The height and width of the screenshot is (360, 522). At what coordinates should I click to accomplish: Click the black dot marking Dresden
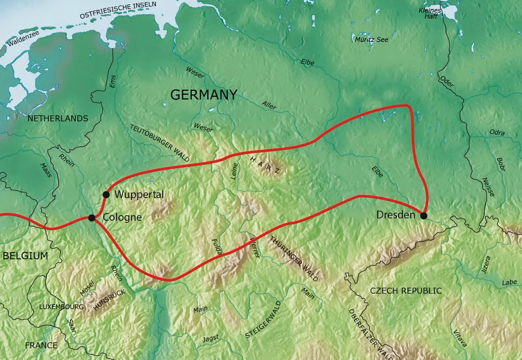pyautogui.click(x=424, y=216)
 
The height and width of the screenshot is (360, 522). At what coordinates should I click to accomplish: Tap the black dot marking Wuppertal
pyautogui.click(x=106, y=195)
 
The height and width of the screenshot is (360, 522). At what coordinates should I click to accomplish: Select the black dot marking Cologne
pyautogui.click(x=92, y=218)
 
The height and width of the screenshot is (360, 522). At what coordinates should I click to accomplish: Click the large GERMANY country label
pyautogui.click(x=203, y=95)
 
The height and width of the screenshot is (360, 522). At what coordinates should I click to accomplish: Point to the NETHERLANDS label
pyautogui.click(x=58, y=119)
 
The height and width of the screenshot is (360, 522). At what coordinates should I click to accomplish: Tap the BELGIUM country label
pyautogui.click(x=25, y=256)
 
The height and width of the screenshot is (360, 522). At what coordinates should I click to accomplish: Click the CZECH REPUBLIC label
pyautogui.click(x=406, y=291)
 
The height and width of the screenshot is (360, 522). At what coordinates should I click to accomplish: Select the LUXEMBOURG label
pyautogui.click(x=61, y=307)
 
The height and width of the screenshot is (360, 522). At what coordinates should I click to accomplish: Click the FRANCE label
pyautogui.click(x=41, y=345)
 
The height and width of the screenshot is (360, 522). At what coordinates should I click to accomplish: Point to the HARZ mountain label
pyautogui.click(x=265, y=165)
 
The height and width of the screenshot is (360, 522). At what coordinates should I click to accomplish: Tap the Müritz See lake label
pyautogui.click(x=371, y=40)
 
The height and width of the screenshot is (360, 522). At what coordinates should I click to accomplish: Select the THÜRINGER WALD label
pyautogui.click(x=296, y=258)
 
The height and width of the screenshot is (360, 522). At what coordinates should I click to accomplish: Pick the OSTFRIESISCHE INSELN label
pyautogui.click(x=118, y=10)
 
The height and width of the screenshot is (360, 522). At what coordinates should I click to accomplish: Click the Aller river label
pyautogui.click(x=269, y=105)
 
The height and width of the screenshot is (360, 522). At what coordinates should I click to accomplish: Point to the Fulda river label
pyautogui.click(x=217, y=246)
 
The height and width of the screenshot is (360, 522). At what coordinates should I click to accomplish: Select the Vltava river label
pyautogui.click(x=460, y=337)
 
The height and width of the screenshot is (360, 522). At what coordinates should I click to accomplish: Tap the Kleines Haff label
pyautogui.click(x=430, y=13)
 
